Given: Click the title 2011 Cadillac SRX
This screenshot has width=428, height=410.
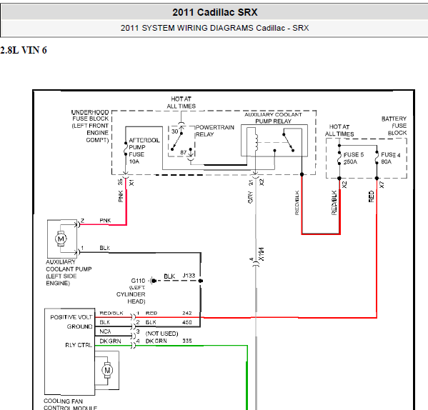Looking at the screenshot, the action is coord(215,12).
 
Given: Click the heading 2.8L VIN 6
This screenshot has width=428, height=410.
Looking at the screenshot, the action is coord(24,50).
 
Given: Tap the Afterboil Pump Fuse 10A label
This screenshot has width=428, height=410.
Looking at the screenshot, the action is coord(144,151).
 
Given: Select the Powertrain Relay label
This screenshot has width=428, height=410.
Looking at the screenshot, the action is coord(215,131).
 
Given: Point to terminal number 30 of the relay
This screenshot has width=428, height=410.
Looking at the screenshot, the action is coord(174,131).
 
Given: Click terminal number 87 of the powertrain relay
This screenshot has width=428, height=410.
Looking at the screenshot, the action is coord(184,152).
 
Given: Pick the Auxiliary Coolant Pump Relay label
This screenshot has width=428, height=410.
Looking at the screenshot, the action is coord(273,118).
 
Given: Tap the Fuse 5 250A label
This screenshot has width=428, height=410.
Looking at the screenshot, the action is coord(354,159).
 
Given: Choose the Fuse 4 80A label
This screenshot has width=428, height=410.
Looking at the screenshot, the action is coord(391,159).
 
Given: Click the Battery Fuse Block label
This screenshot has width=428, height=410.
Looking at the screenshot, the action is coord(394,126).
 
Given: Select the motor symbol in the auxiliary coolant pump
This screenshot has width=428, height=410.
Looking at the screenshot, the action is coord(61,239).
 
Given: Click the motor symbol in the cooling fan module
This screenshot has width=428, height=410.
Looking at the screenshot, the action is coord(107,370).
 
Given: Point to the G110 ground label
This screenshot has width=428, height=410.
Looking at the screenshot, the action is coord(138,281).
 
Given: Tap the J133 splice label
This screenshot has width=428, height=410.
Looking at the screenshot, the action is coord(189,276).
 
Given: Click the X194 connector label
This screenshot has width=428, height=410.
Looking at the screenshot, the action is coord(262,254).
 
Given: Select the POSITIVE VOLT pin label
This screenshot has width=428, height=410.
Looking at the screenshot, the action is coord(71,317).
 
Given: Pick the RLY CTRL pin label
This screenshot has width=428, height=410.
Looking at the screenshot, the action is coord(79,345).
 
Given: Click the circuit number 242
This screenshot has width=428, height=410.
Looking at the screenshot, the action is coord(187,313).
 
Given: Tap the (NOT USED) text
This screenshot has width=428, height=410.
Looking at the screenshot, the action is coord(162,334).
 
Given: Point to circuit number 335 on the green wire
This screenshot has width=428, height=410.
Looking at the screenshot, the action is coord(187,341).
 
